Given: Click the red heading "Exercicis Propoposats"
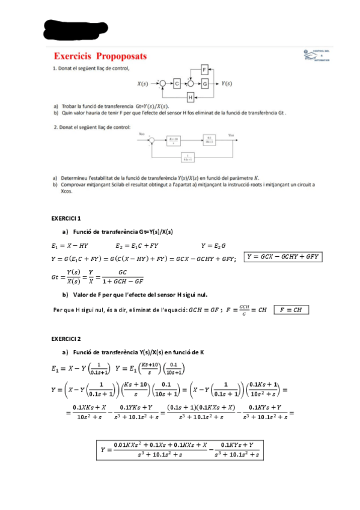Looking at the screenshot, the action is coord(100,56).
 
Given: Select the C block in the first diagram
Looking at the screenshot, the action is coord(177,84).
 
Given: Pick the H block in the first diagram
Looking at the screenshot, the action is coord(191,97).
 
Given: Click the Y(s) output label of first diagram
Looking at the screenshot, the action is coord(227,84).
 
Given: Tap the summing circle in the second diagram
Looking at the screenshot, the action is coord(153,141).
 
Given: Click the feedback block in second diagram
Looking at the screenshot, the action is coord(188,158).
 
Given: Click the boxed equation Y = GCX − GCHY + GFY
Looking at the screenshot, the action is coord(283,257).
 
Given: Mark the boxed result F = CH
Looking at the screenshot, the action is coord(291,310).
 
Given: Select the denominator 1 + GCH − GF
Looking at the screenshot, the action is coord(122,281).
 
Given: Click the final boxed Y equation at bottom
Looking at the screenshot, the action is coord(181,450).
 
